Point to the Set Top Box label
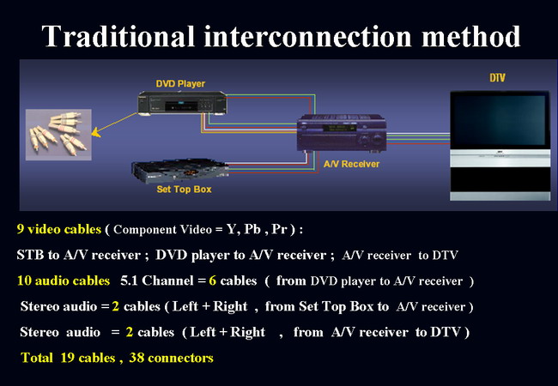click(x=184, y=189)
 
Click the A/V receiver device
click(x=342, y=136)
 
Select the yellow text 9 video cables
click(x=58, y=230)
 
